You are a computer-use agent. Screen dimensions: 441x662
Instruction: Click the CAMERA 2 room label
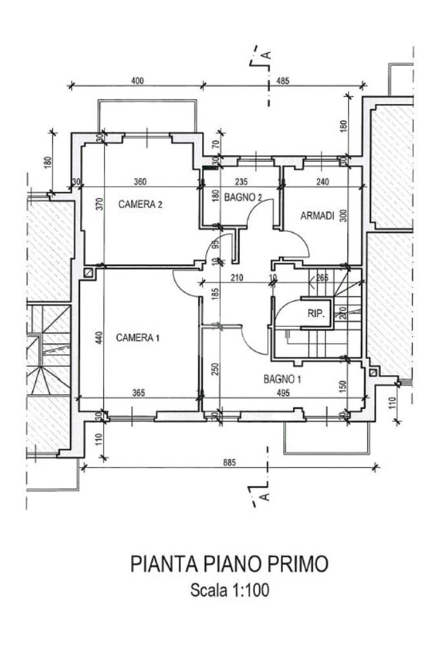[140, 204]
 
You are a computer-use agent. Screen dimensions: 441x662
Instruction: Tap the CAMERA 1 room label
[138, 338]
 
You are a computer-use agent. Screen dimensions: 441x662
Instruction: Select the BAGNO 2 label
[243, 197]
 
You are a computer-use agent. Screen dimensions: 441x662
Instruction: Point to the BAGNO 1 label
[282, 379]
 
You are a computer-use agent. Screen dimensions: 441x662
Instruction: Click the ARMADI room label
[317, 216]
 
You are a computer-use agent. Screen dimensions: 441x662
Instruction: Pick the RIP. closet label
[316, 314]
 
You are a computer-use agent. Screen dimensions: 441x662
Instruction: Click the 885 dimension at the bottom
[230, 462]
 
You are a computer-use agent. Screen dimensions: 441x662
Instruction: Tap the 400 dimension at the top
[138, 80]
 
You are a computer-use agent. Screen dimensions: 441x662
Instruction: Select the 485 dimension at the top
[283, 80]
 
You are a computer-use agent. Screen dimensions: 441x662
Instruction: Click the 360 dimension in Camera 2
[140, 181]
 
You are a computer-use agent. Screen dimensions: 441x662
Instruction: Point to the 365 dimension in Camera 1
[138, 393]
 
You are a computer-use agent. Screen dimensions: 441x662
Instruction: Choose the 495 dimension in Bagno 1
[283, 393]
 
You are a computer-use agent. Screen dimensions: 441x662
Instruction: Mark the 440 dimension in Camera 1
[99, 338]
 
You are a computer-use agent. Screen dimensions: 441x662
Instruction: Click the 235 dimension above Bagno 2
[241, 181]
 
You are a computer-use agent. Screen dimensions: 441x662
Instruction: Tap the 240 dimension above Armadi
[322, 181]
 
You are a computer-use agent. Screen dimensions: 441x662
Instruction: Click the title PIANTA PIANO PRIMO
[229, 564]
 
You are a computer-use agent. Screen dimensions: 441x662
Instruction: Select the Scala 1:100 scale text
[230, 590]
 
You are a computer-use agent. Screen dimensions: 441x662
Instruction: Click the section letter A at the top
[266, 55]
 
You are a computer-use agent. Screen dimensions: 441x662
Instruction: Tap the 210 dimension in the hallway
[237, 278]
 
